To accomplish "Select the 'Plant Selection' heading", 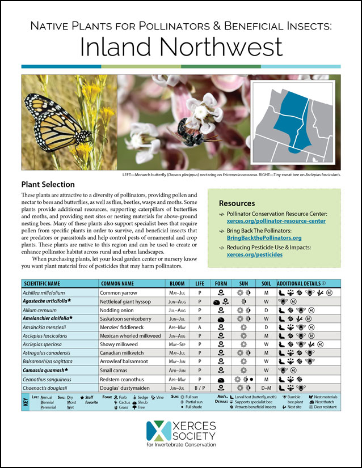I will click(x=48, y=184).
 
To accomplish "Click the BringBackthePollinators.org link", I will click(x=263, y=238).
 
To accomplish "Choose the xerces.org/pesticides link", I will click(x=255, y=255).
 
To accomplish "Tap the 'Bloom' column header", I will click(x=178, y=283).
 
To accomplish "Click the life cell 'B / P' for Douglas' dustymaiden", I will click(x=199, y=388).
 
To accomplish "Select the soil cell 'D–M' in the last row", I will click(x=266, y=388).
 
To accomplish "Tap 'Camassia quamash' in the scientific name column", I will click(x=46, y=370).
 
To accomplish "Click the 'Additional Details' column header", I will click(x=308, y=283).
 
